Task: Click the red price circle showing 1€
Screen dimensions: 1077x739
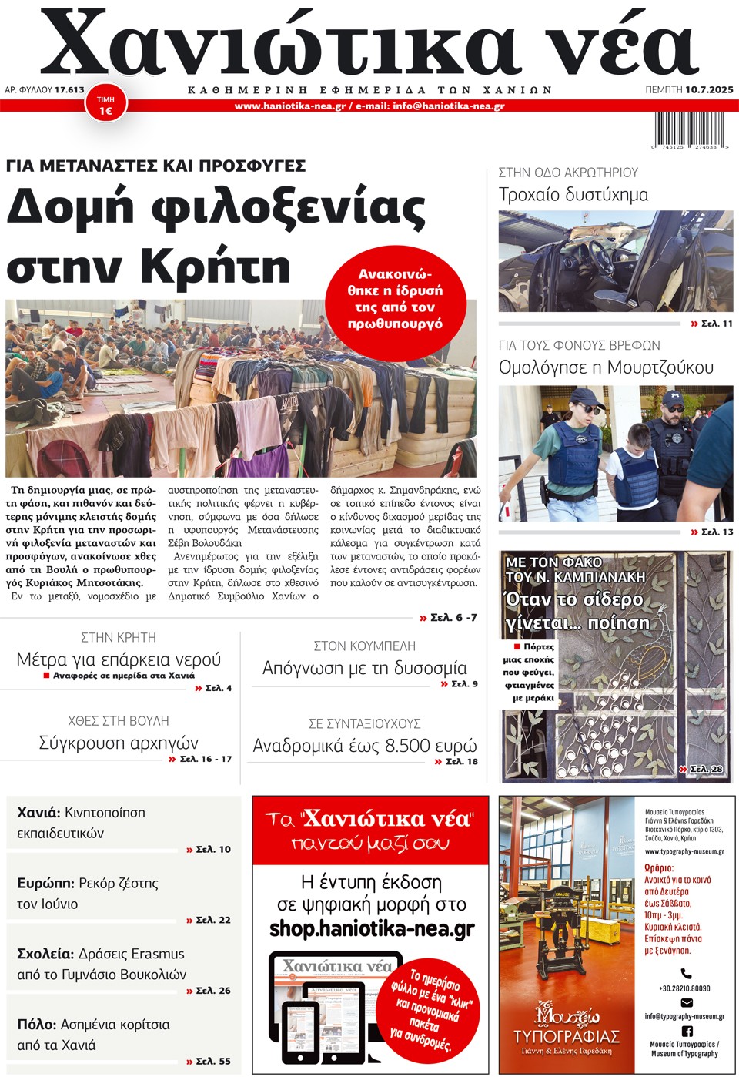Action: coord(105,105)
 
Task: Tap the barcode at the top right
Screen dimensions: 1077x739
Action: coord(691,129)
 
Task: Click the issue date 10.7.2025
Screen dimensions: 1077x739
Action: coord(709,89)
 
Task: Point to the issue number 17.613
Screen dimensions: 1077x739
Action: coord(69,89)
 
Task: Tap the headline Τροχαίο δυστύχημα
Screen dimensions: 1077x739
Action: coord(573,194)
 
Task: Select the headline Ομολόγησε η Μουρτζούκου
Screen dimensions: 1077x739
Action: coord(606,367)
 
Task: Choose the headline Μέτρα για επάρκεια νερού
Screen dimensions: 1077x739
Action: coord(119,659)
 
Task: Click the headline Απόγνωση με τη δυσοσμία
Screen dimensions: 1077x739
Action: coord(365,668)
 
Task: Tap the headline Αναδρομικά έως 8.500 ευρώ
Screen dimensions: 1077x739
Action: coord(365,746)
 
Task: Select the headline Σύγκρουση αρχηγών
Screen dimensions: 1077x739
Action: coord(119,743)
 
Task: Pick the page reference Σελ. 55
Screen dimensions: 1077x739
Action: coord(213,1061)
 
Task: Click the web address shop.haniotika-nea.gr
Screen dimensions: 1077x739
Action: coord(372,929)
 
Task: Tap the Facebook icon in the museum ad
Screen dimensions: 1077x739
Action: coord(687,1031)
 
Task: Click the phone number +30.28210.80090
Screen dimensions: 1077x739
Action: coord(685,988)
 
